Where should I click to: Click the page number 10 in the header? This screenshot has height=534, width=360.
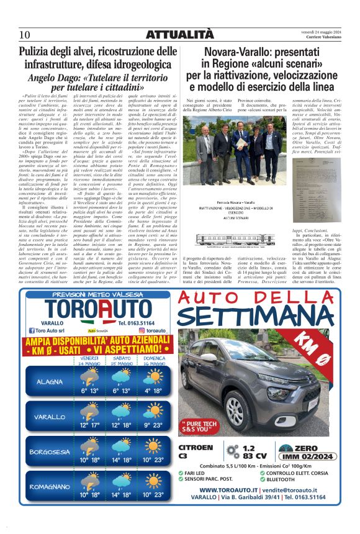25,34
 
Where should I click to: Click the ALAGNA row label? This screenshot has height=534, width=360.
50,381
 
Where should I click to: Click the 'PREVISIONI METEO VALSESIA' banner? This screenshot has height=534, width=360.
90,295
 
